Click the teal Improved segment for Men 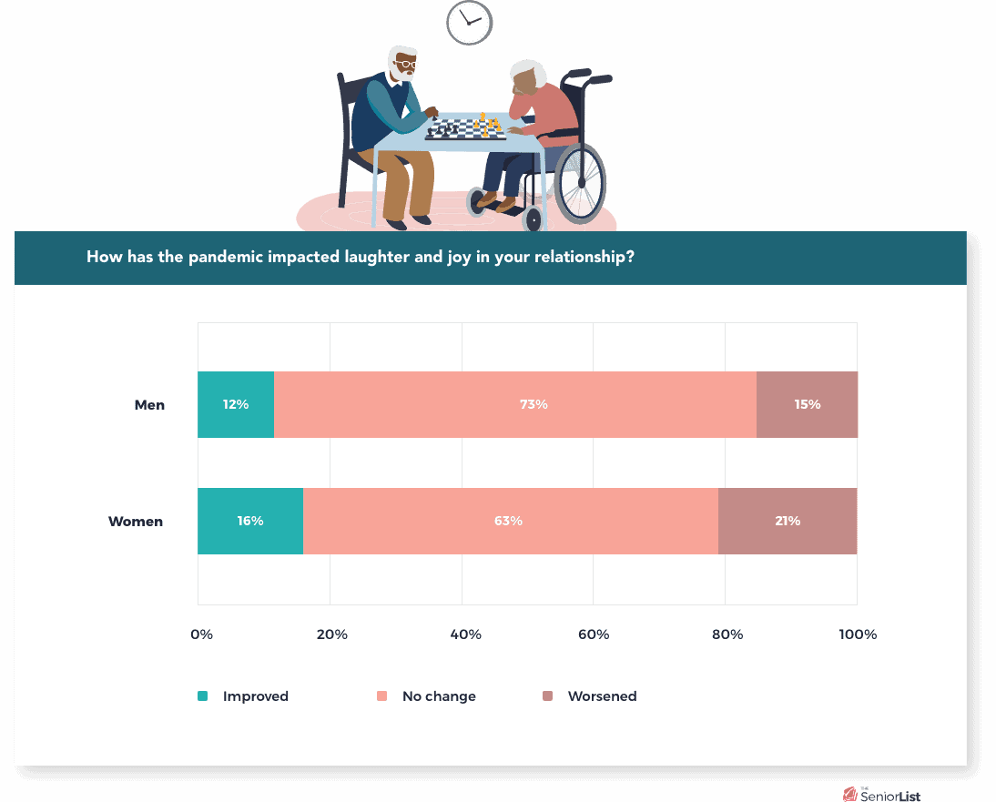pyautogui.click(x=236, y=404)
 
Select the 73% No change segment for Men pyautogui.click(x=515, y=404)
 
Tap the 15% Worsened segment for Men pyautogui.click(x=807, y=404)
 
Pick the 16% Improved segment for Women pyautogui.click(x=250, y=522)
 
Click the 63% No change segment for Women pyautogui.click(x=511, y=522)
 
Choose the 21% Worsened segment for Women pyautogui.click(x=788, y=522)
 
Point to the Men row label pyautogui.click(x=149, y=405)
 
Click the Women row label pyautogui.click(x=136, y=522)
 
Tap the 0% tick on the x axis pyautogui.click(x=201, y=634)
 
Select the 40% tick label pyautogui.click(x=465, y=634)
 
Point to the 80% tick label pyautogui.click(x=727, y=634)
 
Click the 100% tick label pyautogui.click(x=858, y=634)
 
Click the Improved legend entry pyautogui.click(x=243, y=696)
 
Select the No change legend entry pyautogui.click(x=426, y=696)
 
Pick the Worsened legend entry pyautogui.click(x=589, y=696)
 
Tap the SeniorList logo pyautogui.click(x=881, y=795)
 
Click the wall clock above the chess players pyautogui.click(x=470, y=23)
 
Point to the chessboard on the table pyautogui.click(x=465, y=129)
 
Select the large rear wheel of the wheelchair pyautogui.click(x=580, y=184)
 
